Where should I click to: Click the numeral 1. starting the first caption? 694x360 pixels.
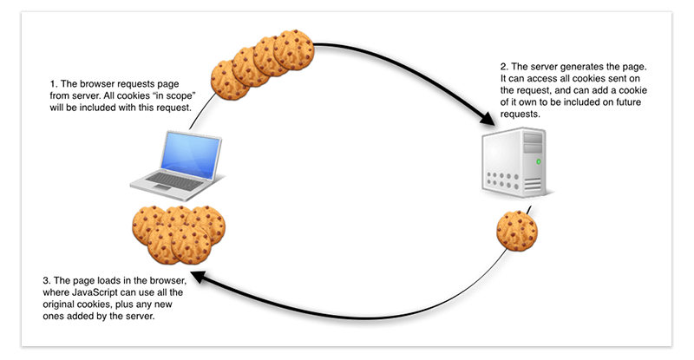click(55, 84)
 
